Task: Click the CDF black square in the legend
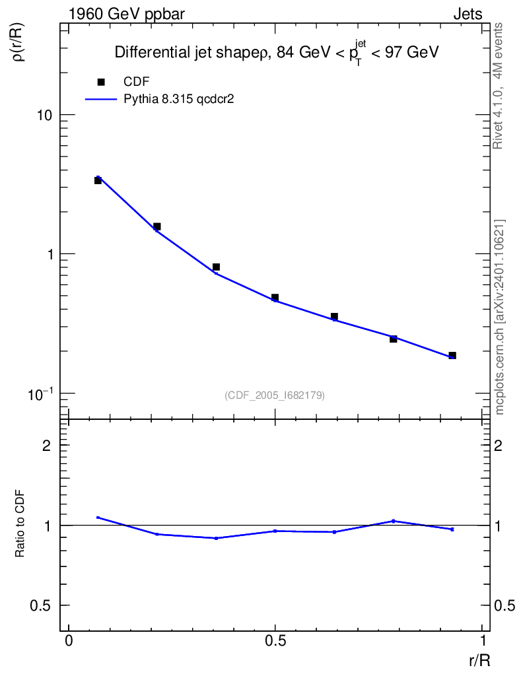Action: [x=101, y=82]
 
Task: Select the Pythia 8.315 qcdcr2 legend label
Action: [x=180, y=99]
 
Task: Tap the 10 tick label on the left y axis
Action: [x=45, y=115]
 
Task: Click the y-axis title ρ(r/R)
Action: [x=20, y=42]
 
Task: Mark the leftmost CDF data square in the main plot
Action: [x=98, y=180]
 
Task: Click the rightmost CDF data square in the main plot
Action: [x=452, y=356]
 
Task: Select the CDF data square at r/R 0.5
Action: [x=275, y=298]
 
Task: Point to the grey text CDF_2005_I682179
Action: [x=275, y=395]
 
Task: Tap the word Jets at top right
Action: [x=467, y=14]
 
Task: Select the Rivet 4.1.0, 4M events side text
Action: [x=499, y=86]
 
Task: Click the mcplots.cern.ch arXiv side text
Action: [x=500, y=317]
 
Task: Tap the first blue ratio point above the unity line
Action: [x=98, y=518]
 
